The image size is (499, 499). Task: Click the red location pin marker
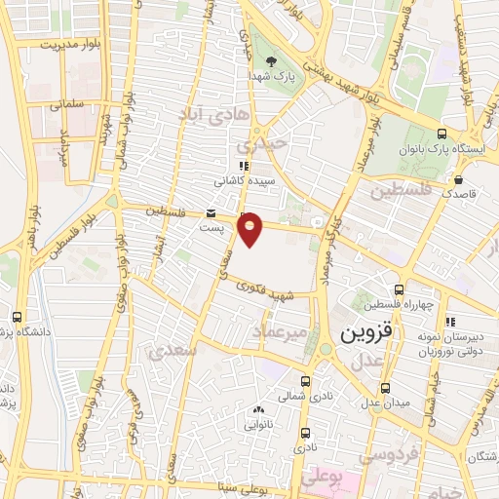coord(250,228)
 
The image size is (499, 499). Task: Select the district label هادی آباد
coord(209,115)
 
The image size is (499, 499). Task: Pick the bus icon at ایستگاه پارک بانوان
coord(441,134)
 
